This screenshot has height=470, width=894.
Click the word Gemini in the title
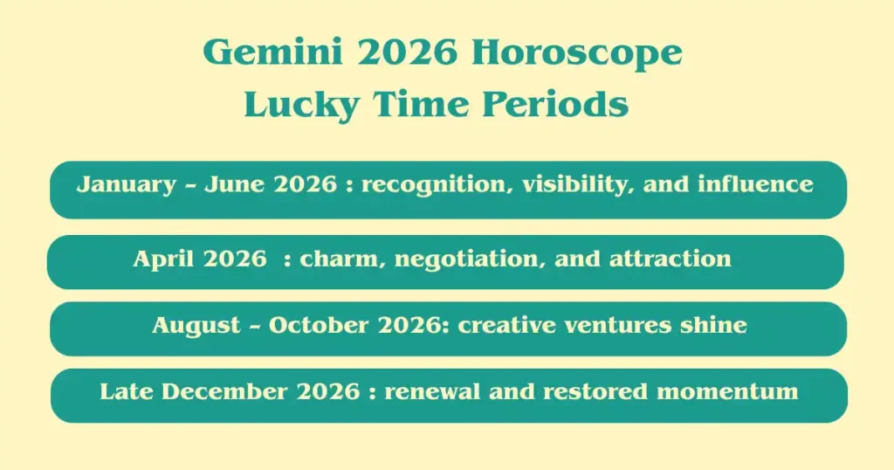[272, 52]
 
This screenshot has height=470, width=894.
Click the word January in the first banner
[127, 185]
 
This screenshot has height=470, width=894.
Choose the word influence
[756, 183]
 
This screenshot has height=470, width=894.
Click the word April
[163, 259]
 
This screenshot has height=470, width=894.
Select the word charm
[341, 259]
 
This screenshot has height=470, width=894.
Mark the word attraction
[670, 259]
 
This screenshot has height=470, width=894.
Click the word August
[196, 326]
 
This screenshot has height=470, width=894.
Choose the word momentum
[727, 392]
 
